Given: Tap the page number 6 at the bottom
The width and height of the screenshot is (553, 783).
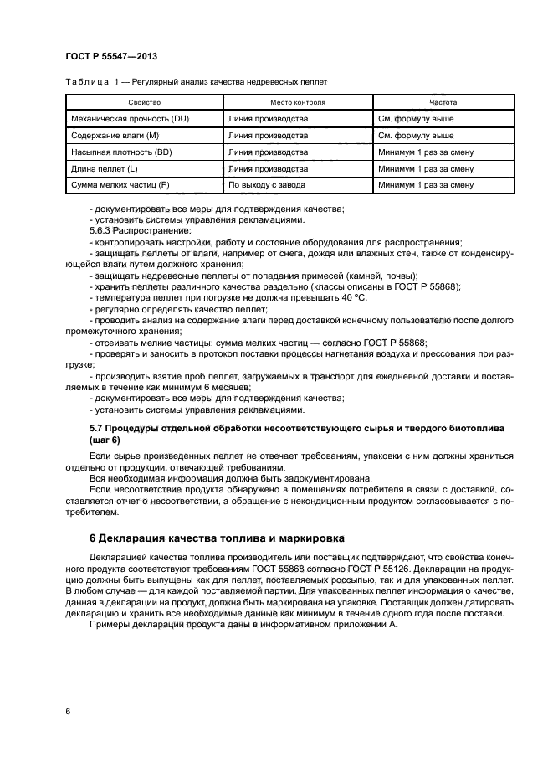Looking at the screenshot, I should point(68,711).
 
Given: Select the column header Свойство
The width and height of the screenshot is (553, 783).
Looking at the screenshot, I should point(144,103).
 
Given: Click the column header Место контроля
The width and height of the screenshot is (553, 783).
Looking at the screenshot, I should point(298,103).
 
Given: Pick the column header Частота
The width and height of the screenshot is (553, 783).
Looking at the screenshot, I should point(443,103).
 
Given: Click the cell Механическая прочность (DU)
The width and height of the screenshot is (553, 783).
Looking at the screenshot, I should point(131,119).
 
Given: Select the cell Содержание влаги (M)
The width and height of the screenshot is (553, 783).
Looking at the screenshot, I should point(115,136).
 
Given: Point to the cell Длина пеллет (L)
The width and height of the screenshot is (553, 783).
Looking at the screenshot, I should point(105,168).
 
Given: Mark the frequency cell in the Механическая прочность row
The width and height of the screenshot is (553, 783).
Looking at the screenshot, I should point(416,119).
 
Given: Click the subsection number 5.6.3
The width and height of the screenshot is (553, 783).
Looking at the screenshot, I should point(101,229).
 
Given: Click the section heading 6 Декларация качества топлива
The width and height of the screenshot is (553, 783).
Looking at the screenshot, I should point(194,537).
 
